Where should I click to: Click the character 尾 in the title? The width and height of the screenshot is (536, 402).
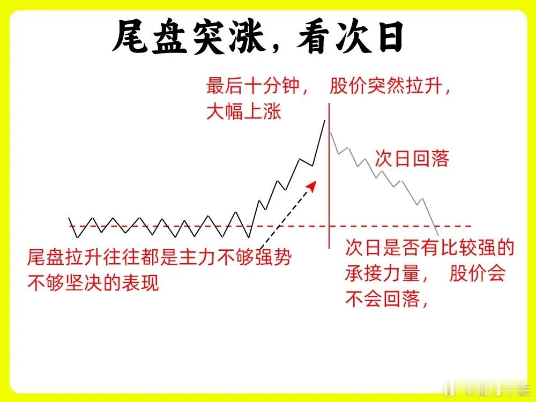tap(131, 36)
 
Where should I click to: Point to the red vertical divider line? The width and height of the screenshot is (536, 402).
tap(329, 176)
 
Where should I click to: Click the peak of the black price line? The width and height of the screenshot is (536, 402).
tap(325, 121)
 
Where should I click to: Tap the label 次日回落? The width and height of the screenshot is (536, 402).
tap(412, 159)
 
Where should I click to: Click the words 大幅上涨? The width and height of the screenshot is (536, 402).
tap(244, 111)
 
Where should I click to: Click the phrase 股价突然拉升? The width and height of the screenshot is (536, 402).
tap(385, 85)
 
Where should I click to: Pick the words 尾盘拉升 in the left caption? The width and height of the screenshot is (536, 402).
tap(65, 257)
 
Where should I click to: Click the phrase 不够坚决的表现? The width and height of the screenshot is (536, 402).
tap(93, 282)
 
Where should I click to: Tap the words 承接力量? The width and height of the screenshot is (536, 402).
tap(382, 273)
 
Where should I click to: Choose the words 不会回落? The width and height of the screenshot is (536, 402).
tap(382, 299)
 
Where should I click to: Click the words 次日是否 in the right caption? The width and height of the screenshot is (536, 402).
tap(383, 247)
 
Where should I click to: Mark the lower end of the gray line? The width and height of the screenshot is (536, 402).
tap(438, 235)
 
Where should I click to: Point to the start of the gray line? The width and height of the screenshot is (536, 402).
tap(331, 132)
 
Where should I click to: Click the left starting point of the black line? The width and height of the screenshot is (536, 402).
tap(69, 218)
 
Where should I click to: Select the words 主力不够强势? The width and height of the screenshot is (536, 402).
tap(235, 257)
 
